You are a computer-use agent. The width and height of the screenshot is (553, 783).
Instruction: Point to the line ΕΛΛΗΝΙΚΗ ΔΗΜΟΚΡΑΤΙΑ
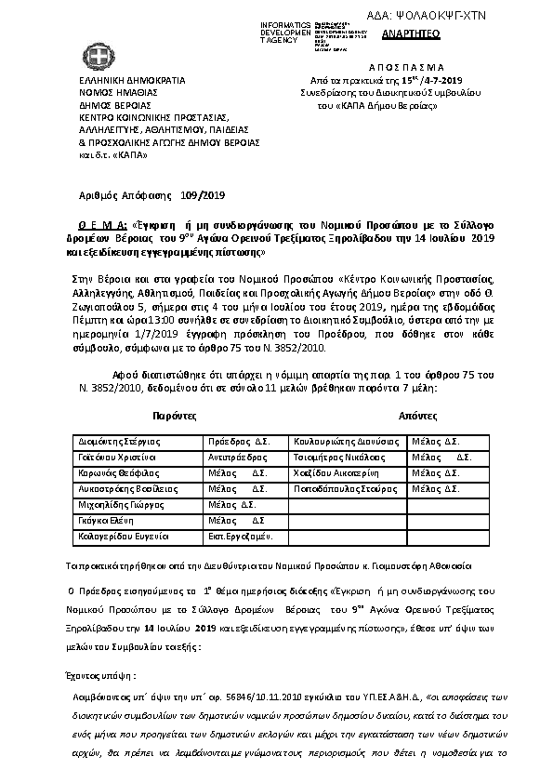click(120, 81)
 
